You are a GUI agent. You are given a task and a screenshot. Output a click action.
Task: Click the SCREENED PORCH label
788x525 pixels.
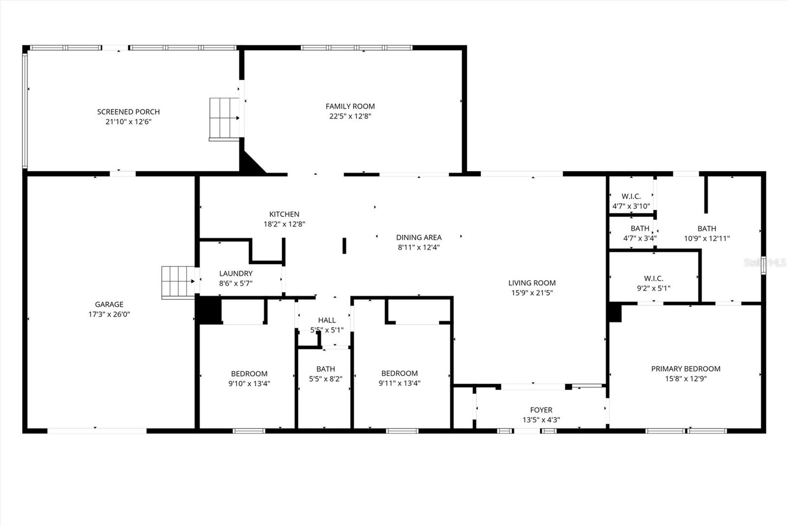click(129, 112)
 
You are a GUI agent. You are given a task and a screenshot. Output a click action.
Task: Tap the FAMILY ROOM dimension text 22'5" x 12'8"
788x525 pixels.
click(350, 116)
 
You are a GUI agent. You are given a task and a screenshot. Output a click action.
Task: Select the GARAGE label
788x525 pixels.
click(109, 304)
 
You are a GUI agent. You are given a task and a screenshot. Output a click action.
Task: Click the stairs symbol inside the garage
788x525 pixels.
click(178, 282)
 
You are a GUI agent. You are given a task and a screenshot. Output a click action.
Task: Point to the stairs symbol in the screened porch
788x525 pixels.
click(224, 118)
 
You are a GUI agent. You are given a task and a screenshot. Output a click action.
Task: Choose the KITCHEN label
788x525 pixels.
click(284, 214)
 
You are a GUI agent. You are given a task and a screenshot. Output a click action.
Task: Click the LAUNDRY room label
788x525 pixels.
click(236, 273)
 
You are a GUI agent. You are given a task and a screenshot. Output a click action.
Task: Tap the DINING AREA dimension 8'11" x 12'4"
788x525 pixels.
click(419, 247)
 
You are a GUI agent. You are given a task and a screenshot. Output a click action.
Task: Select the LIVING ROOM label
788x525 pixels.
click(532, 283)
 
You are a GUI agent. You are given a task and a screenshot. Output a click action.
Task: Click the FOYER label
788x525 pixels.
click(541, 410)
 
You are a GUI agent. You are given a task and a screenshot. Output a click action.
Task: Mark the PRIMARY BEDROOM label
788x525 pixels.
click(686, 368)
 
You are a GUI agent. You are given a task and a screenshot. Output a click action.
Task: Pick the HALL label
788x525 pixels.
click(327, 320)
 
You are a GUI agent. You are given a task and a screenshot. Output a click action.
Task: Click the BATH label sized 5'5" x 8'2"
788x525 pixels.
click(326, 369)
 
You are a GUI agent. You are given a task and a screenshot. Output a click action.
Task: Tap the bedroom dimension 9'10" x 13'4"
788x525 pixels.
click(249, 383)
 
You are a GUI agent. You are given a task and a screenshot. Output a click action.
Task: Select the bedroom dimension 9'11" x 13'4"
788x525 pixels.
click(399, 383)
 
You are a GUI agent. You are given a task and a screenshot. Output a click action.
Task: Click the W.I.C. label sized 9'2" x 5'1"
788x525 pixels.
click(654, 279)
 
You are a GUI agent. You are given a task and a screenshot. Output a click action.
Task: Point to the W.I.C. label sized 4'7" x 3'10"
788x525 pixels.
click(631, 197)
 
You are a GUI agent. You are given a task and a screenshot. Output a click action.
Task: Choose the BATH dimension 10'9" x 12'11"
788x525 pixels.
click(707, 238)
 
